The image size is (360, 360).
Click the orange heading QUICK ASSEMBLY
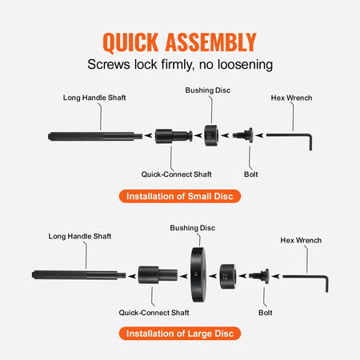click(179, 42)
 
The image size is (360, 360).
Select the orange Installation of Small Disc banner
click(179, 196)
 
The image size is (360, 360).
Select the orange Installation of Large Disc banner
click(179, 332)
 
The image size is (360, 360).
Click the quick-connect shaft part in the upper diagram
click(173, 134)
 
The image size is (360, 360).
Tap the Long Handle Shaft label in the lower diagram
click(81, 237)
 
